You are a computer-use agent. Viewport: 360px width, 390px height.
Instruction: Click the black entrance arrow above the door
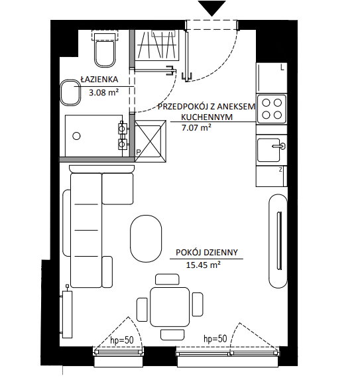point(212,7)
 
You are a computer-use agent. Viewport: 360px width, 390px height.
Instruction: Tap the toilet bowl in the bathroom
point(105,54)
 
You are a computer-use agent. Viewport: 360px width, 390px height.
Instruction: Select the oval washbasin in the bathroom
point(70,93)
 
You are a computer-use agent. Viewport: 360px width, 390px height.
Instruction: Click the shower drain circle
point(77,136)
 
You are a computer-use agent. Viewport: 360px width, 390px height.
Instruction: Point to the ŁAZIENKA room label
point(99,80)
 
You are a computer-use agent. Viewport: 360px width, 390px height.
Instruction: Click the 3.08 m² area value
point(103,93)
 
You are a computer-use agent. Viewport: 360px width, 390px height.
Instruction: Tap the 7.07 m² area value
point(197,128)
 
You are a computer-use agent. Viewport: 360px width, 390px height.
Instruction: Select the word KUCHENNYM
point(207,117)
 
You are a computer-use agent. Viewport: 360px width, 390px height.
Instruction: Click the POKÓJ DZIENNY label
point(207,253)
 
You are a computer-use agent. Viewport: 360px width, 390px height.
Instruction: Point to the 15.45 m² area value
point(204,265)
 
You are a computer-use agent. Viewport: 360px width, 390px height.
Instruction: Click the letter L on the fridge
point(282,68)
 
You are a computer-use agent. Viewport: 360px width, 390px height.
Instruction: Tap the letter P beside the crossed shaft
point(138,153)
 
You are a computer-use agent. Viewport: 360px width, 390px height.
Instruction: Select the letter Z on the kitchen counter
point(280,170)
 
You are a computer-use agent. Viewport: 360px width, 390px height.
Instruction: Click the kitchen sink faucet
point(280,146)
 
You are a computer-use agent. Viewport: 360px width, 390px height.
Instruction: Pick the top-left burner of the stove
point(267,102)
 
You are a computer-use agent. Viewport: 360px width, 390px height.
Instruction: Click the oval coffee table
point(146,239)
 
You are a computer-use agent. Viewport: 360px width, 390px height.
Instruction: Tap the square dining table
point(170,307)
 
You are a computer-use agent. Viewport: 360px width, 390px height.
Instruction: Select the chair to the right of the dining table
point(198,304)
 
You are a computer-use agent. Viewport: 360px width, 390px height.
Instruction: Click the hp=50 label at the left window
point(122,340)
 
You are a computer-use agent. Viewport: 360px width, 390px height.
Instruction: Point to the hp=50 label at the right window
point(215,338)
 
